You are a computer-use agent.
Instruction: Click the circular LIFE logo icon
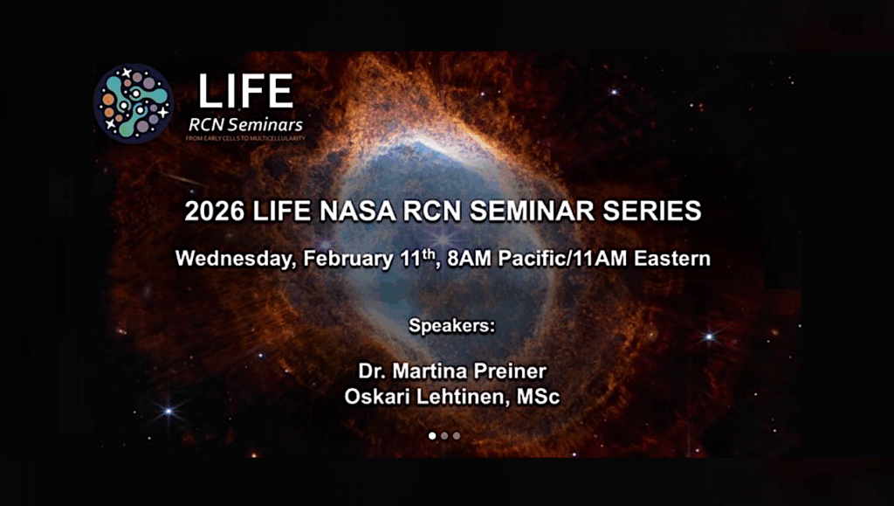[x=134, y=102]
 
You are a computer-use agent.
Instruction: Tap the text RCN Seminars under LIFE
[x=245, y=123]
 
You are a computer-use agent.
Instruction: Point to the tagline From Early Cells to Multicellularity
[x=246, y=138]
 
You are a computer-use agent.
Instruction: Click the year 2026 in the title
[x=214, y=211]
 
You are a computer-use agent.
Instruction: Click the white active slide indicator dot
[x=432, y=435]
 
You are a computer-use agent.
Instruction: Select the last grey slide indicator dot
[x=456, y=435]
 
